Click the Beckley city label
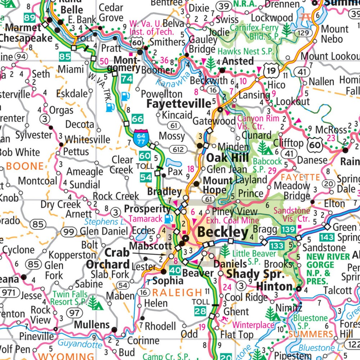tap(223, 232)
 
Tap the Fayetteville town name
tap(179, 104)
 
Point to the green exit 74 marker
tap(127, 78)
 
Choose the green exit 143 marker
tap(326, 237)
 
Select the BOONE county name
tap(25, 166)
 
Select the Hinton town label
tap(274, 287)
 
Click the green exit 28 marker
tap(200, 311)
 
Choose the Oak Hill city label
tap(227, 158)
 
